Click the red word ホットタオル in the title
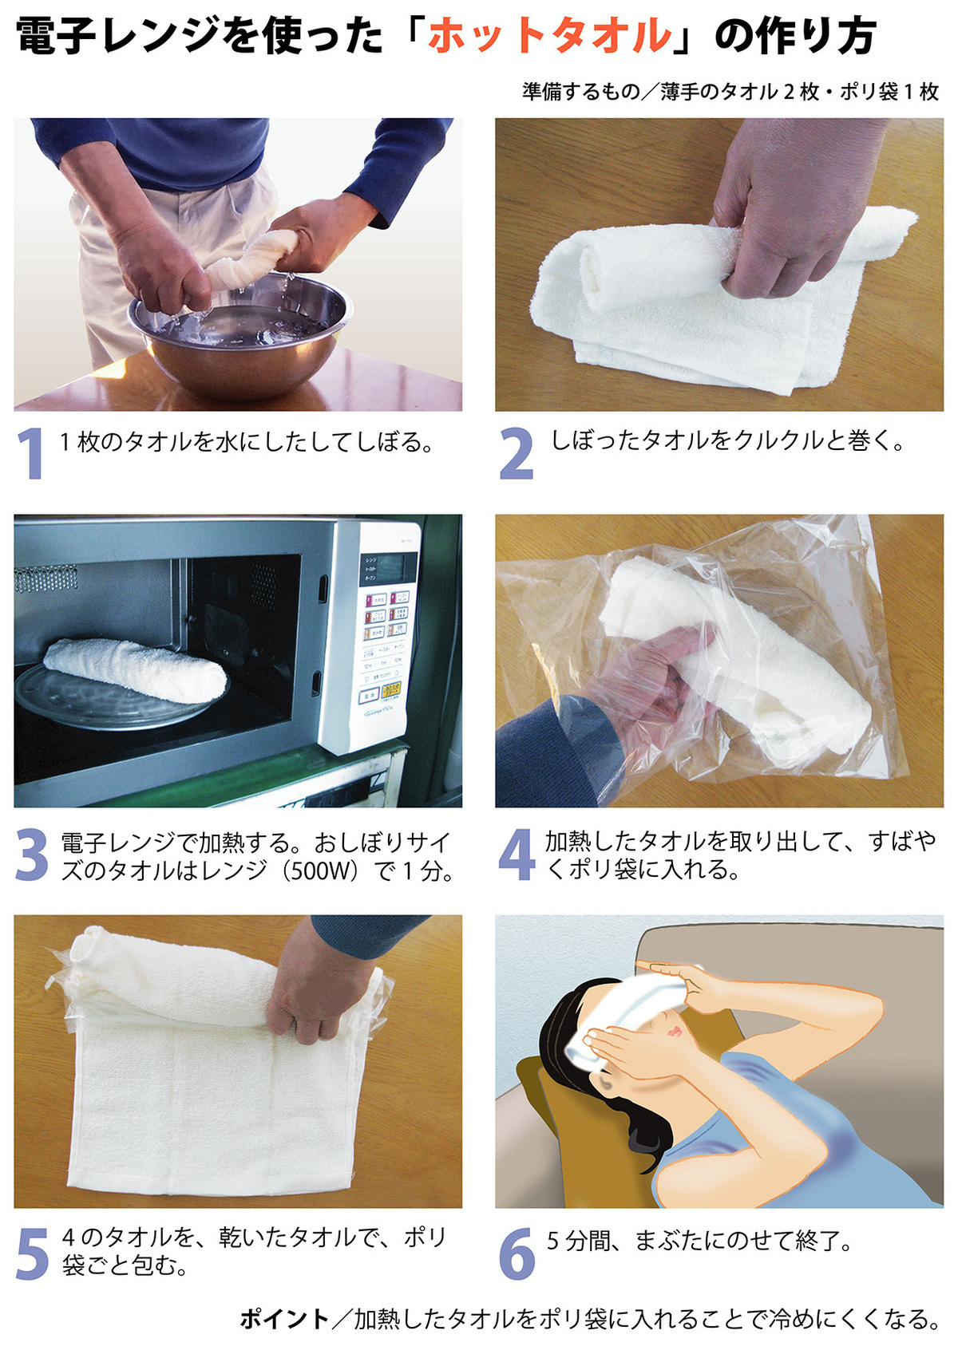coord(549,36)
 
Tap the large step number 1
coord(30,453)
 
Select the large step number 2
coord(516,453)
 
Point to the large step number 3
coord(31,854)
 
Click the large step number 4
coord(517,854)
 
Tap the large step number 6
coord(517,1253)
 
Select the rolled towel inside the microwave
coord(135,669)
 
